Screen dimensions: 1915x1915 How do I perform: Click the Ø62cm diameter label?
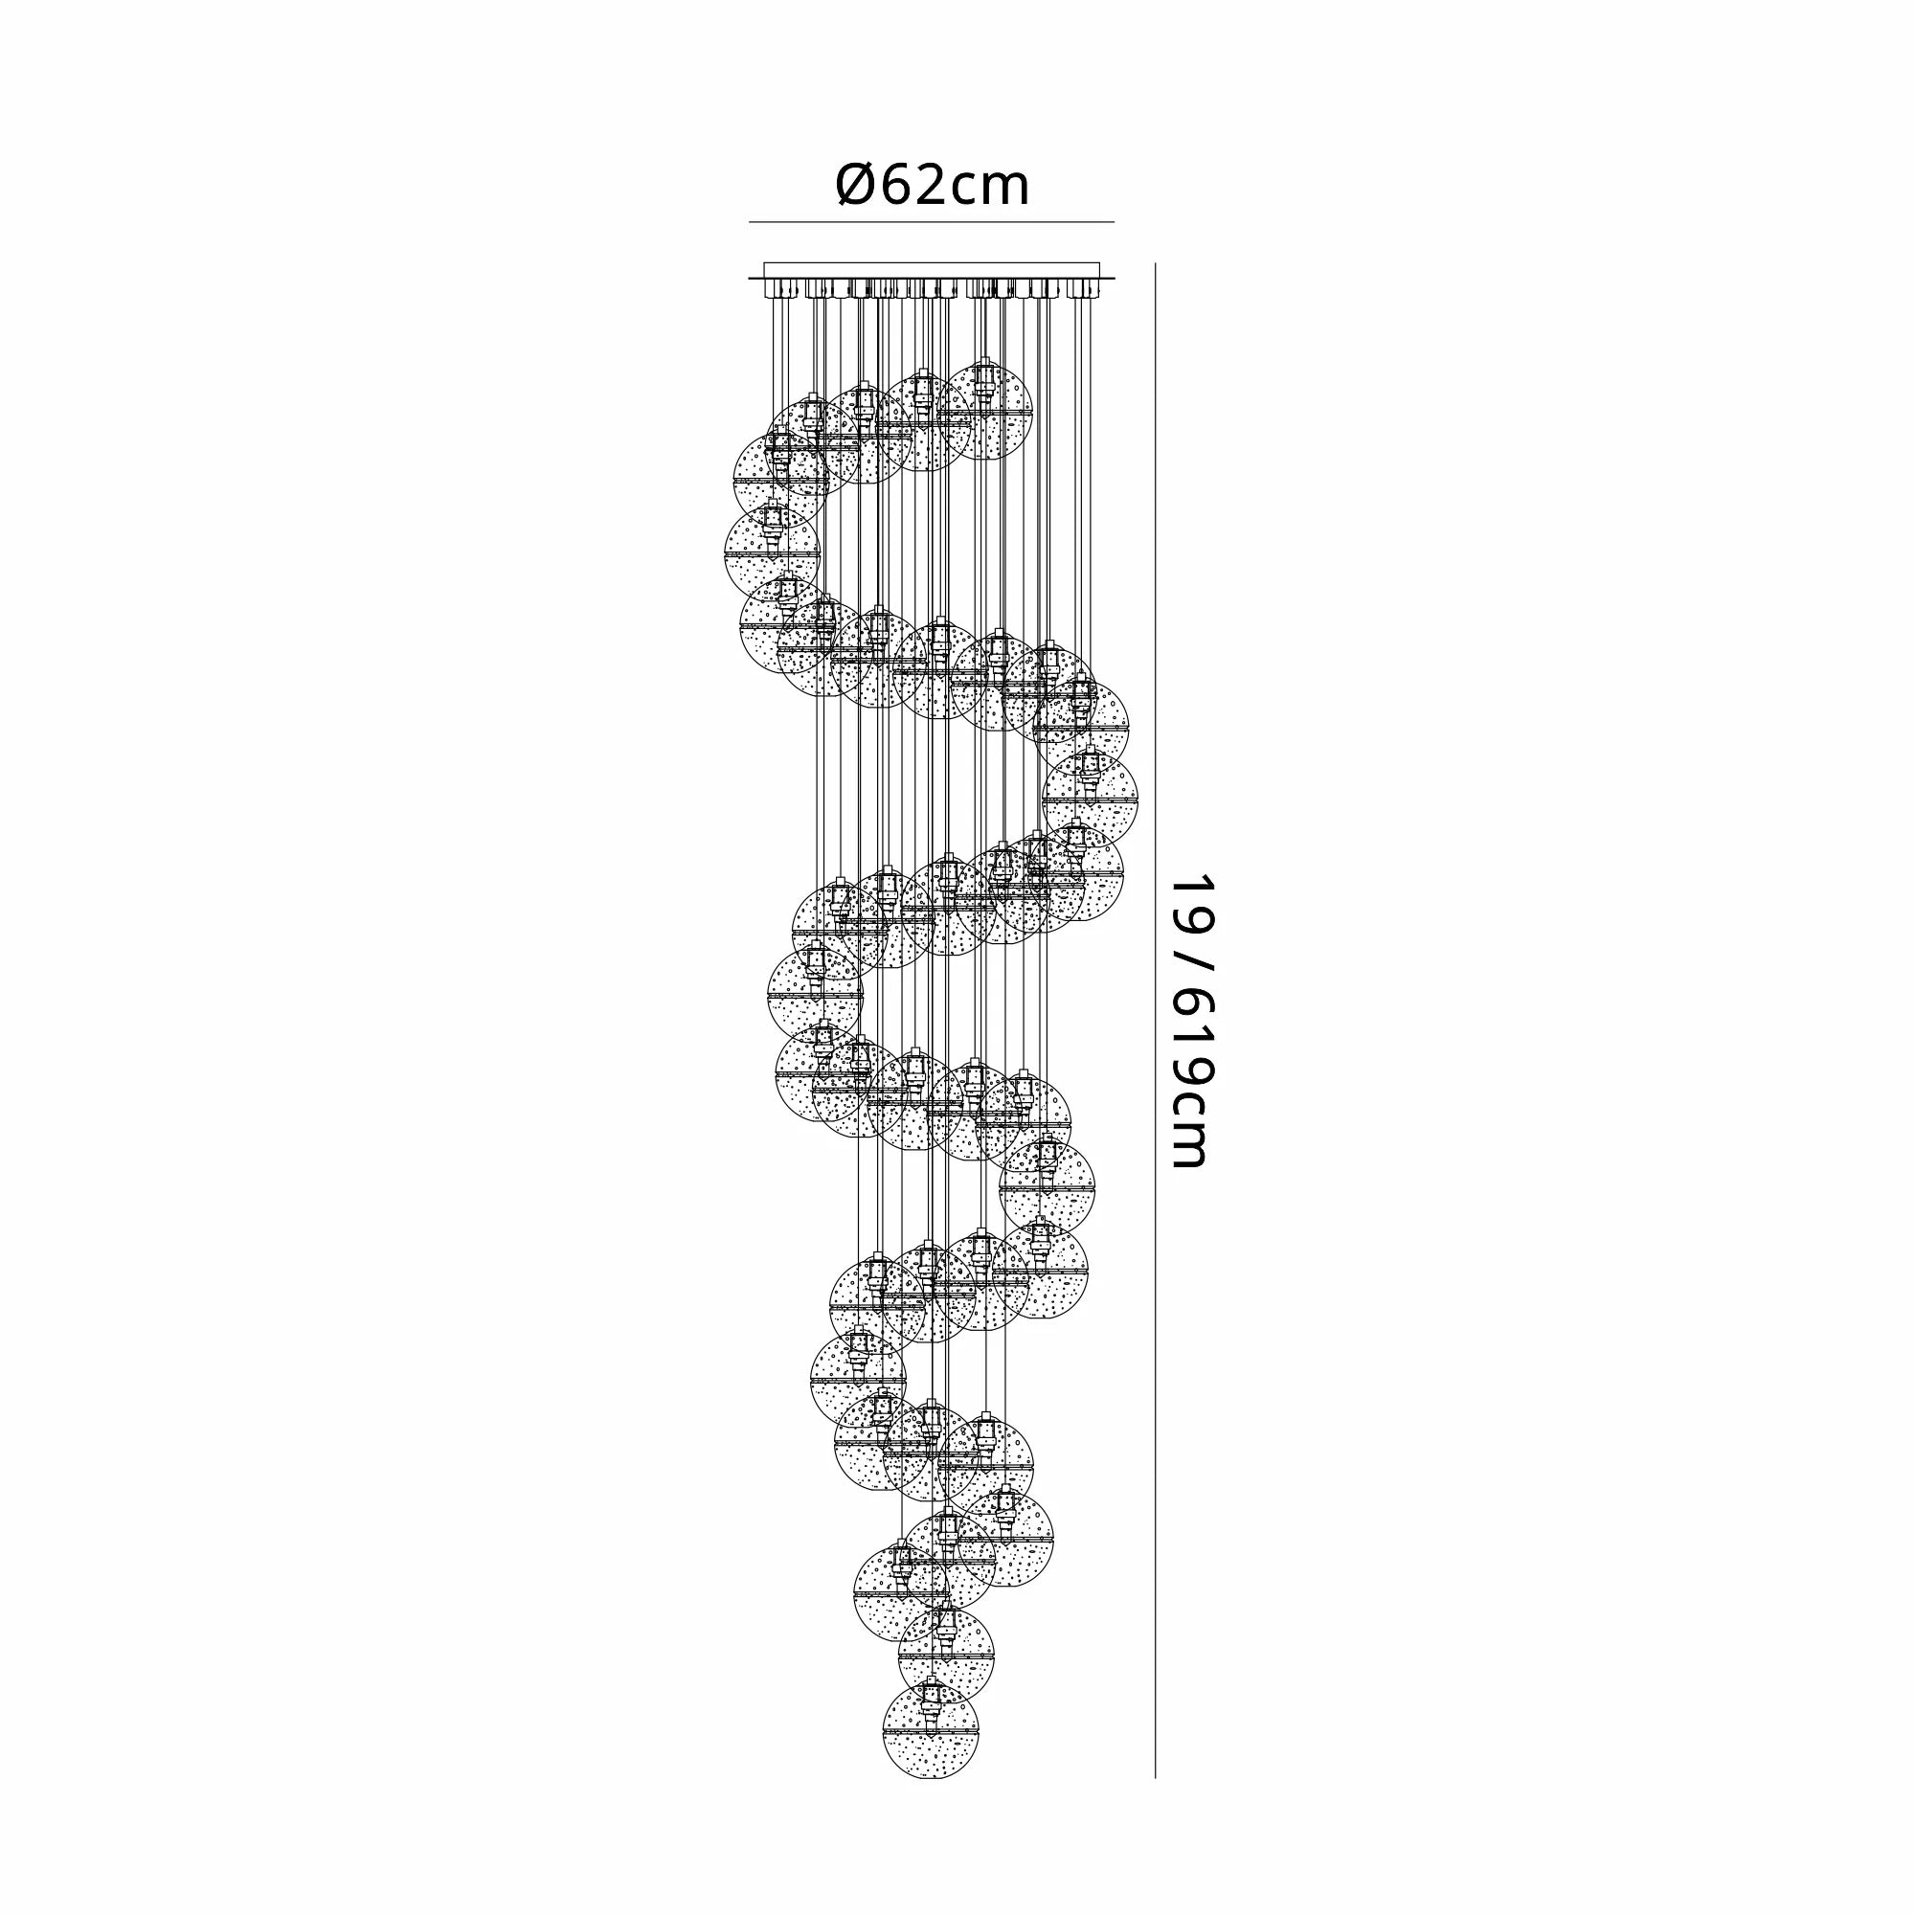tap(933, 185)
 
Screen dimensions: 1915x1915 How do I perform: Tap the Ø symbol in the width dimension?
tap(854, 185)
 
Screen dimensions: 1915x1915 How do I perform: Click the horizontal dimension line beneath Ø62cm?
tap(931, 222)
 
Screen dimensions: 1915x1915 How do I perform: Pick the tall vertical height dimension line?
tap(1156, 1021)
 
